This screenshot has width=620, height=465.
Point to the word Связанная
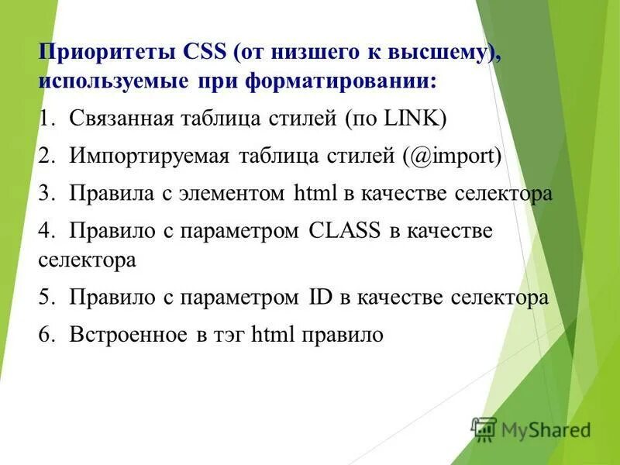122,118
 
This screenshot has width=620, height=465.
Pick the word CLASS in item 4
344,230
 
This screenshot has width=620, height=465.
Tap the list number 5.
46,297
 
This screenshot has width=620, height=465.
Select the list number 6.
46,335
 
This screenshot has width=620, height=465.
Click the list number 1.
46,118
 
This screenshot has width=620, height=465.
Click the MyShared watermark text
546,429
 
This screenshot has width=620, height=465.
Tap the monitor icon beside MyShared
484,429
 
